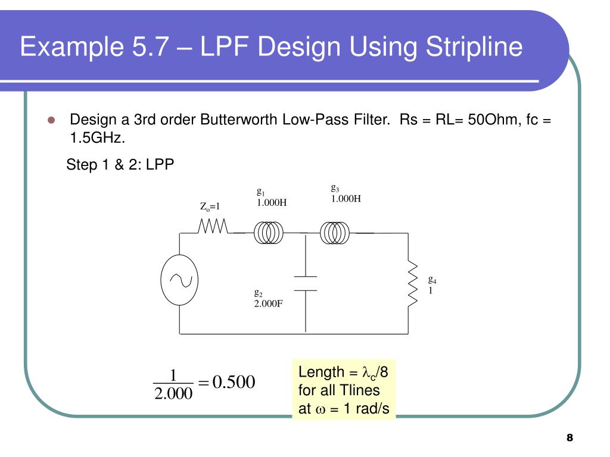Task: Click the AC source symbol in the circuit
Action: pyautogui.click(x=179, y=280)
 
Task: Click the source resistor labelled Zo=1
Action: pyautogui.click(x=213, y=226)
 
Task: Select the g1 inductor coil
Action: pyautogui.click(x=269, y=233)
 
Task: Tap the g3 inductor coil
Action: pyautogui.click(x=335, y=233)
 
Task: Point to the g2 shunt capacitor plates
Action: pyautogui.click(x=306, y=283)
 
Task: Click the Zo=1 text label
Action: pyautogui.click(x=210, y=206)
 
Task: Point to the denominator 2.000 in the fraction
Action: pyautogui.click(x=173, y=393)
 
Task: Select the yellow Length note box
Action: pyautogui.click(x=344, y=391)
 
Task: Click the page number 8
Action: pyautogui.click(x=569, y=438)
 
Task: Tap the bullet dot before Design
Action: pyautogui.click(x=51, y=120)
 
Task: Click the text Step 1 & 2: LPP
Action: pyautogui.click(x=120, y=164)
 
